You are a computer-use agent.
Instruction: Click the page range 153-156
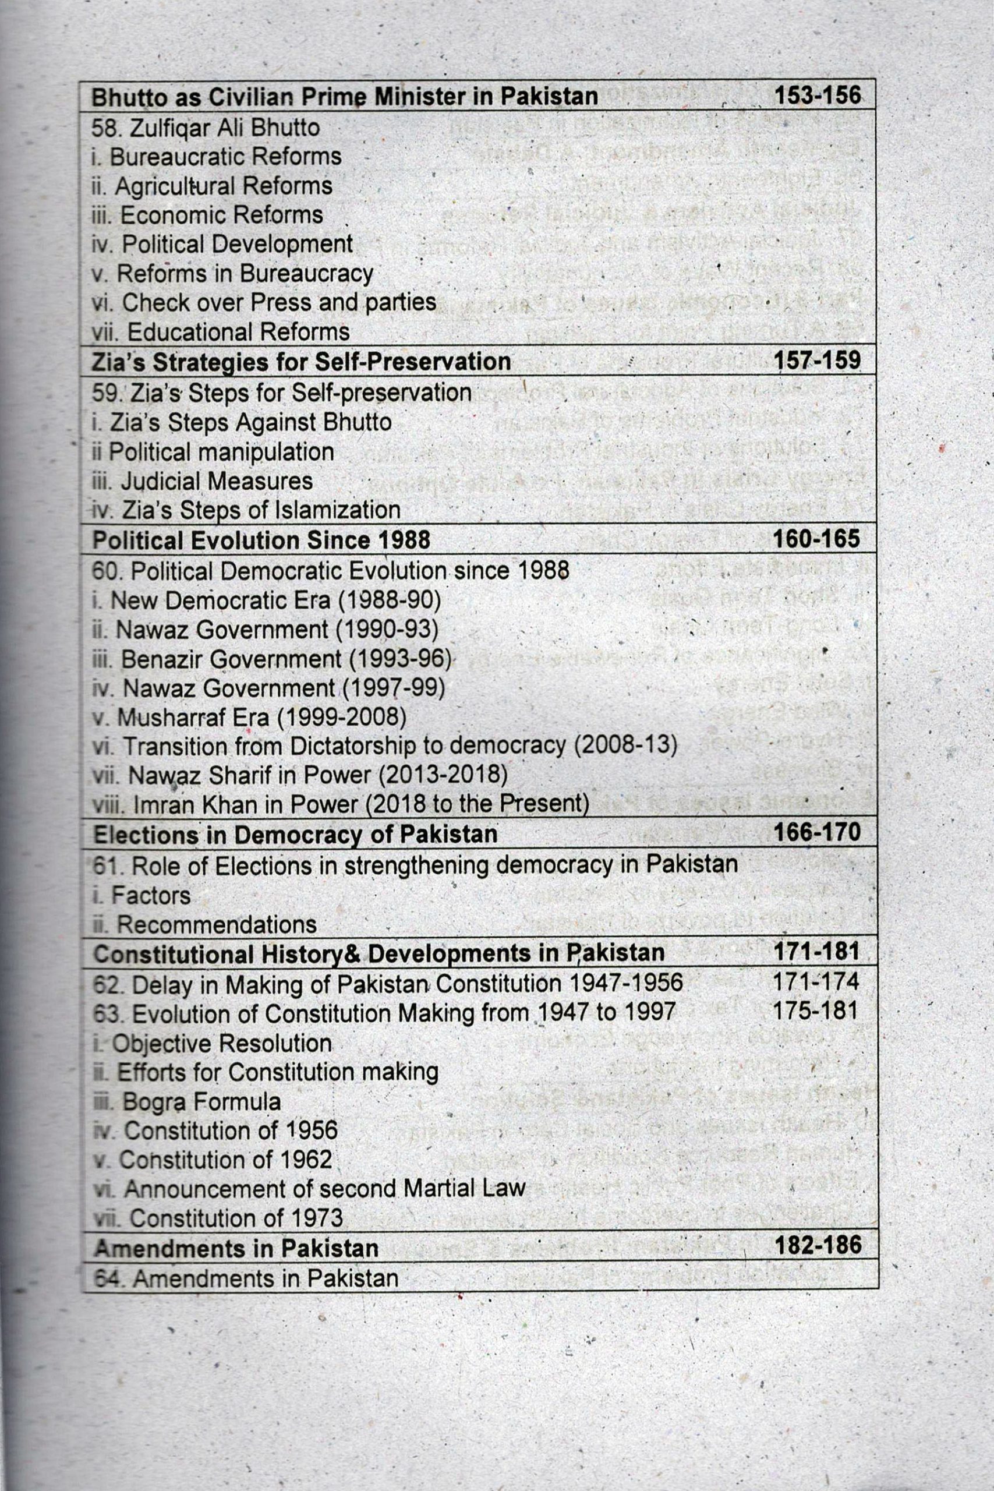(817, 95)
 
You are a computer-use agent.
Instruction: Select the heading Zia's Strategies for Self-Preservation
(301, 361)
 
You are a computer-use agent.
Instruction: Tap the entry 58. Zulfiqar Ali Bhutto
(206, 128)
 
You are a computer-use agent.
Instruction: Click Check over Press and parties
(264, 303)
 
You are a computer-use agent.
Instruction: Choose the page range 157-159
(816, 360)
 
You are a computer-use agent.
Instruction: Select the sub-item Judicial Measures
(202, 481)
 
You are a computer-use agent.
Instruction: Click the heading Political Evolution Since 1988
(261, 540)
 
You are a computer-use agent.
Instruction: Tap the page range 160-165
(816, 539)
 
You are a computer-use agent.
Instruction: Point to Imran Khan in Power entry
(341, 804)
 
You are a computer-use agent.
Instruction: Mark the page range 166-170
(816, 832)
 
